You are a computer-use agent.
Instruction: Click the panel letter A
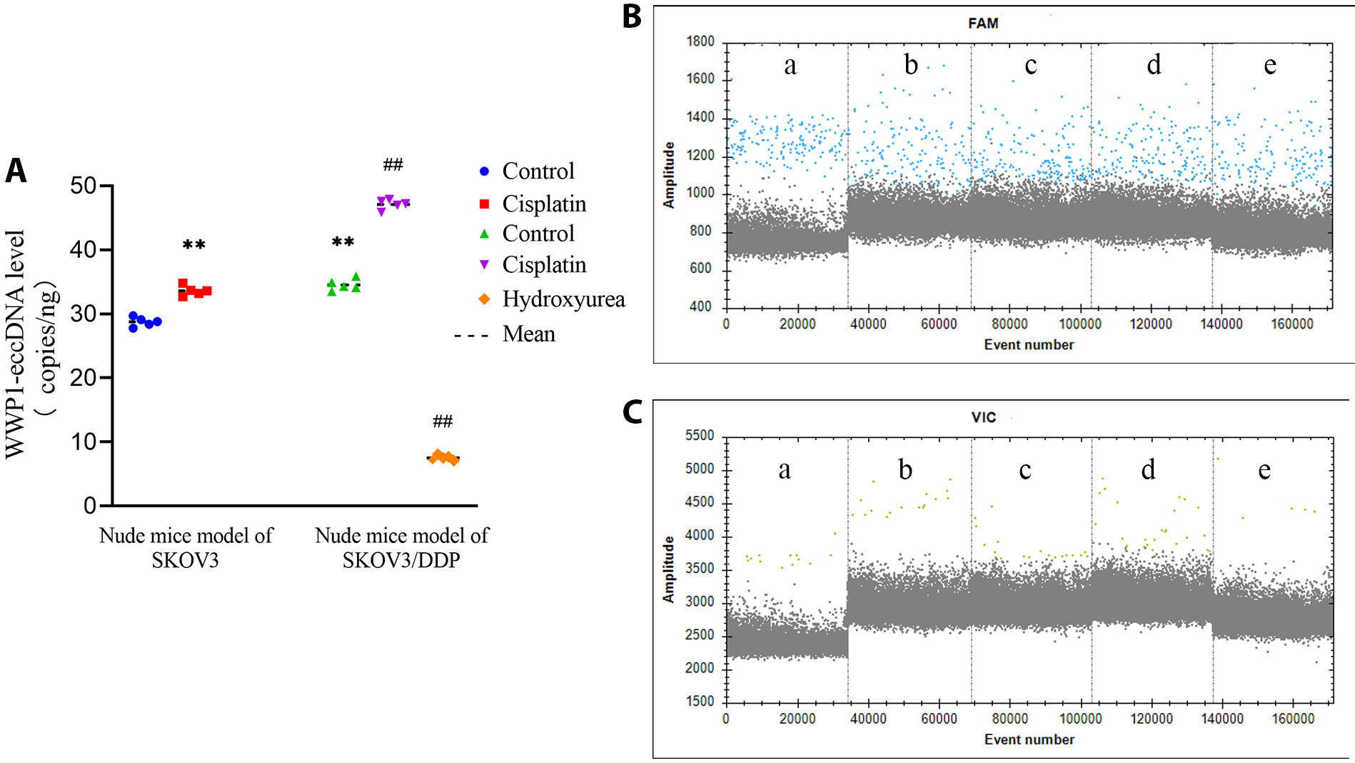click(x=16, y=171)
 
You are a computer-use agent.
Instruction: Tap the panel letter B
click(x=632, y=17)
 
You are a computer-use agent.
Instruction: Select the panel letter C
click(x=633, y=412)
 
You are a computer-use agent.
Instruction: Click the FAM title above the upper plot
click(x=983, y=24)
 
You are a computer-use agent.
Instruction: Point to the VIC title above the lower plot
click(x=983, y=417)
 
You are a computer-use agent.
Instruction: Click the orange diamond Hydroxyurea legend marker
click(x=484, y=299)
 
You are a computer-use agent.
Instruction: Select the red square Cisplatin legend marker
click(x=484, y=204)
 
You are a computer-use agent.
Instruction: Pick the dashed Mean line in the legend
click(x=471, y=335)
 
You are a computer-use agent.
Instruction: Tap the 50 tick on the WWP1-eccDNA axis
click(x=84, y=186)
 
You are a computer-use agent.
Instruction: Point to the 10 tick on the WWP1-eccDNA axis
click(x=84, y=442)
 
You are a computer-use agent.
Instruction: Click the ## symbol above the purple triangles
click(x=393, y=165)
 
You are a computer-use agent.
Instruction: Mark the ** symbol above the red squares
click(x=193, y=245)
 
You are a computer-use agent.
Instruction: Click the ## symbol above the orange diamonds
click(x=443, y=422)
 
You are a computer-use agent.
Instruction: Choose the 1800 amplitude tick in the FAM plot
click(x=700, y=41)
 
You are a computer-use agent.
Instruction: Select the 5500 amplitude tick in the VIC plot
click(x=699, y=436)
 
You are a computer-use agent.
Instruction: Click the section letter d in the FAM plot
click(x=1154, y=65)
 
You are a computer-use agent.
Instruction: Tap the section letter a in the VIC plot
click(x=785, y=470)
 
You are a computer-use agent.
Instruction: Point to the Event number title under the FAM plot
click(x=1029, y=345)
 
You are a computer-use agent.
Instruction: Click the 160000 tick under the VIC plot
click(x=1293, y=719)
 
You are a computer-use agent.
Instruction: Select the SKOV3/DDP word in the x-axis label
click(x=401, y=560)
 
